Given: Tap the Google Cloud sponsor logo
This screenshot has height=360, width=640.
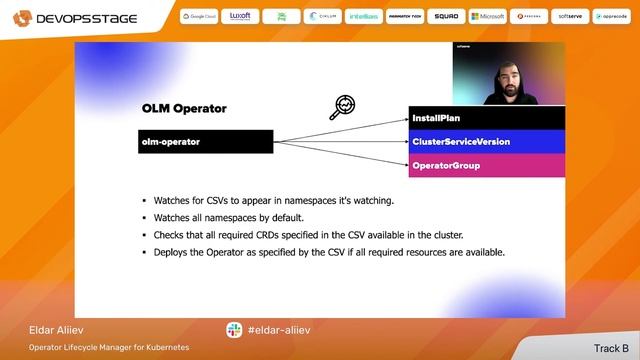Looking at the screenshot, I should tap(199, 17).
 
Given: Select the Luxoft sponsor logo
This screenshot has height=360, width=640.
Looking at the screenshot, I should tap(240, 17).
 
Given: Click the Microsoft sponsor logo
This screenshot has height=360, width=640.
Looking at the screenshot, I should tap(487, 17).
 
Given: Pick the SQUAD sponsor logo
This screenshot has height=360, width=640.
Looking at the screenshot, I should tap(447, 17).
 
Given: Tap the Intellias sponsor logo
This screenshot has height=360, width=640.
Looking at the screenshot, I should tap(364, 17).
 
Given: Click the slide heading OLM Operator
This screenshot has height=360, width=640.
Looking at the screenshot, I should tap(184, 108).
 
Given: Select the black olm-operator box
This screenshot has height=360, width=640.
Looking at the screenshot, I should tap(205, 142).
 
